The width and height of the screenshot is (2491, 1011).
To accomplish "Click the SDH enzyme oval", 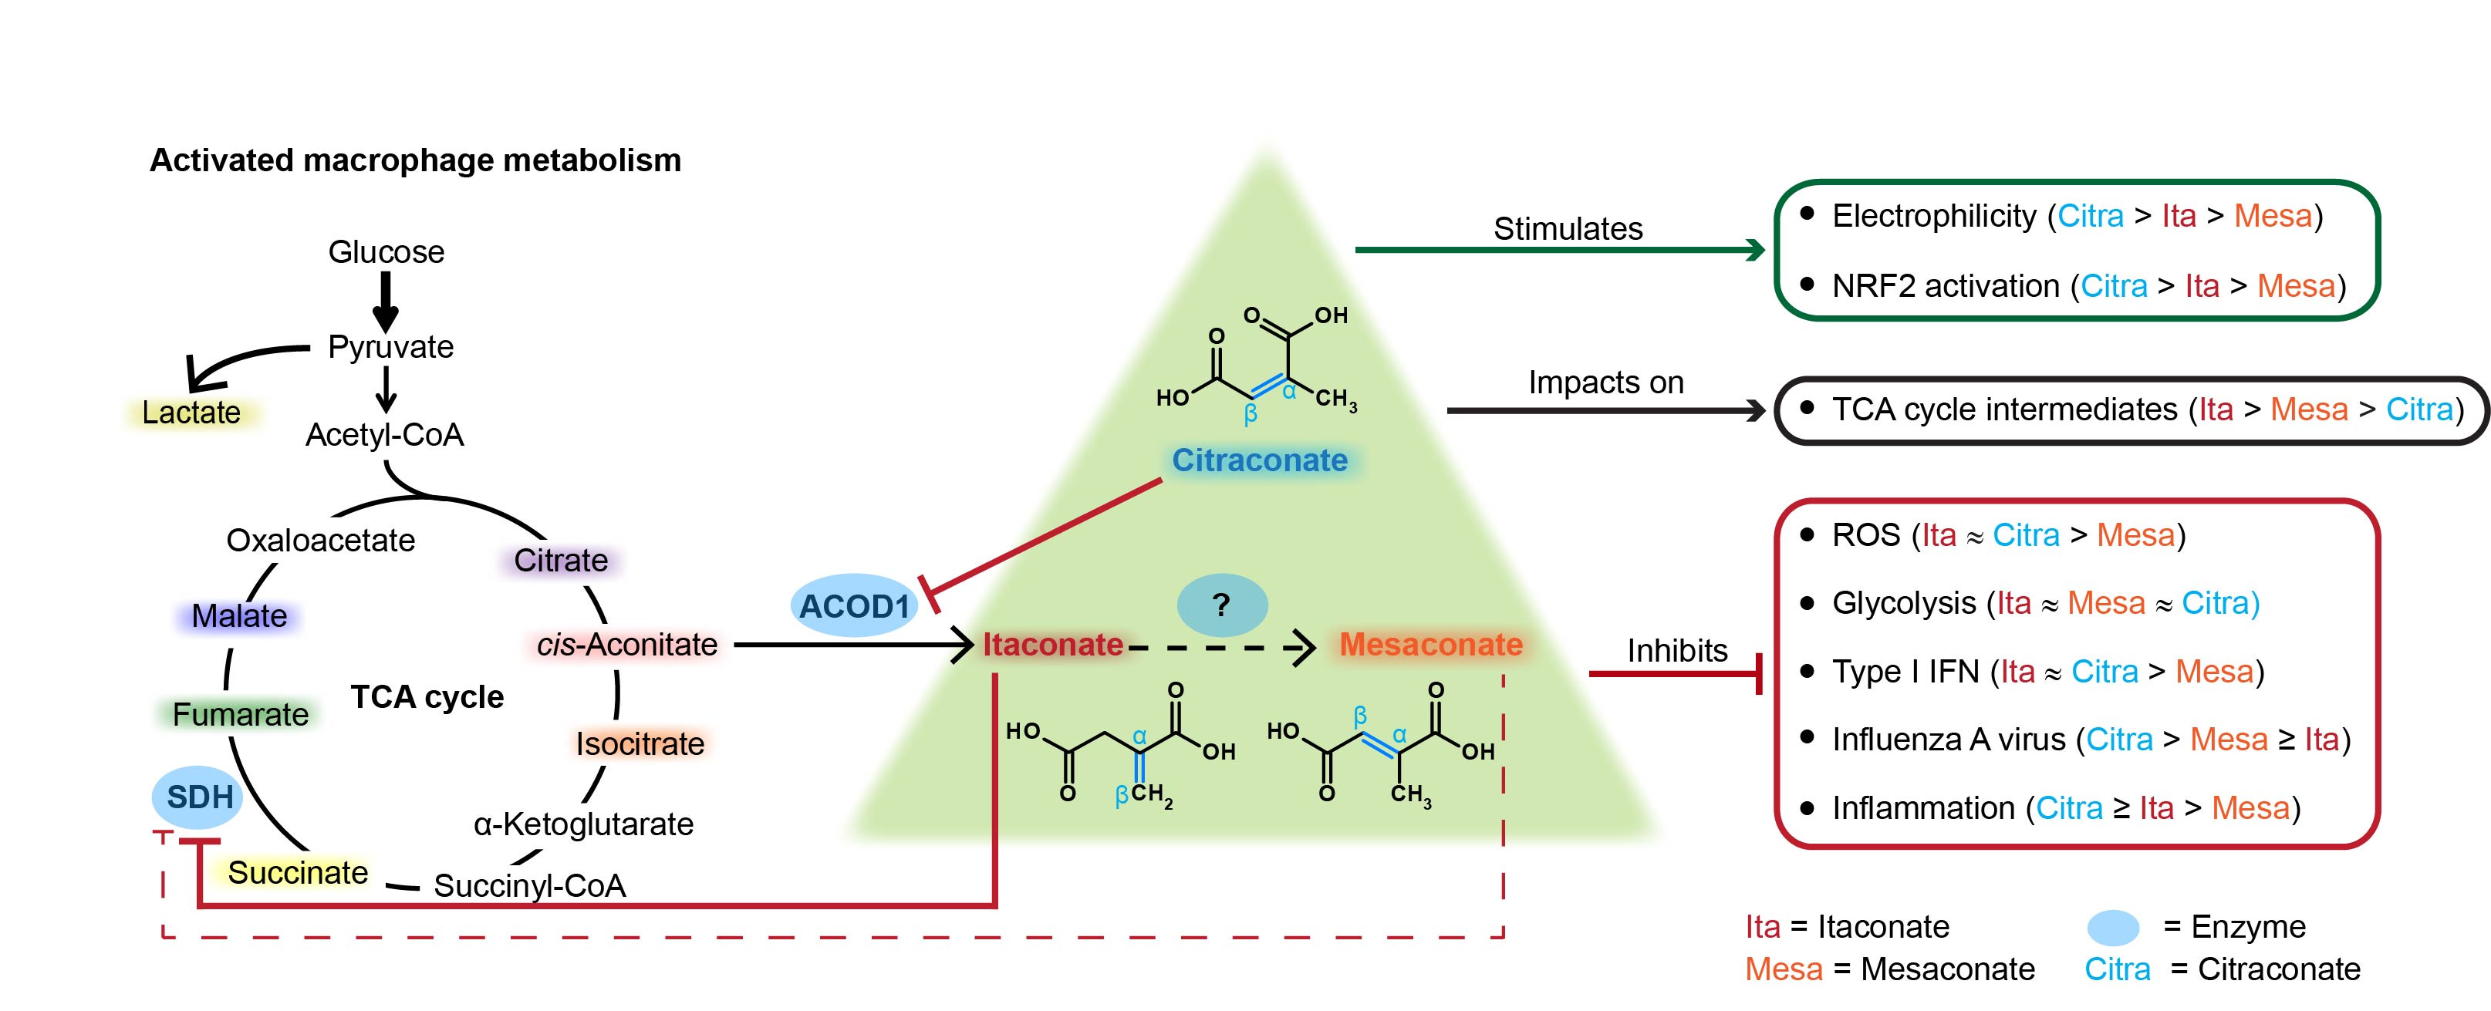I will (x=198, y=797).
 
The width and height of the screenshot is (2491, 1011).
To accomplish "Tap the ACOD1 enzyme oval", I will (x=854, y=606).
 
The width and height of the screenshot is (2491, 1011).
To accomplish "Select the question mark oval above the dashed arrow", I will (x=1221, y=605).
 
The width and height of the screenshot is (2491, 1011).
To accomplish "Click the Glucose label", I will (x=386, y=251).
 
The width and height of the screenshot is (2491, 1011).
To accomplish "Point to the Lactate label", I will (x=191, y=412).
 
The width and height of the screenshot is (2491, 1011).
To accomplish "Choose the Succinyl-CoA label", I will (x=529, y=885).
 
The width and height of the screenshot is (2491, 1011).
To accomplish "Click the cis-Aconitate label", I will (x=626, y=644).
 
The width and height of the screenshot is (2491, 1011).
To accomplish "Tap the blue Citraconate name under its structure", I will (x=1259, y=460).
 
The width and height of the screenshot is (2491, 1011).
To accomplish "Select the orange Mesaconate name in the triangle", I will (x=1430, y=644).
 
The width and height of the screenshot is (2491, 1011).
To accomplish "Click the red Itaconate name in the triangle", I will (x=1053, y=644).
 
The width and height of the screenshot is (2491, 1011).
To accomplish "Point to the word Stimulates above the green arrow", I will (x=1568, y=228).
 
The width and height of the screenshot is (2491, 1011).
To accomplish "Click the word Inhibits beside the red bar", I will (x=1677, y=649).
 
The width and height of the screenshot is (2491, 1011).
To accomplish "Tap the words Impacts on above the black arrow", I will (x=1605, y=382).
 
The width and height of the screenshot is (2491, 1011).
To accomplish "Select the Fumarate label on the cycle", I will (x=240, y=714).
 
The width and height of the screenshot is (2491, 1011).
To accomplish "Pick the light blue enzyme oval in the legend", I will (x=2112, y=927).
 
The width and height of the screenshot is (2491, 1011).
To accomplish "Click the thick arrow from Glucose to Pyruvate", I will (x=386, y=301).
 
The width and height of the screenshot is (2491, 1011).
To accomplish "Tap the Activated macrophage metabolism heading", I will (x=415, y=160).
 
